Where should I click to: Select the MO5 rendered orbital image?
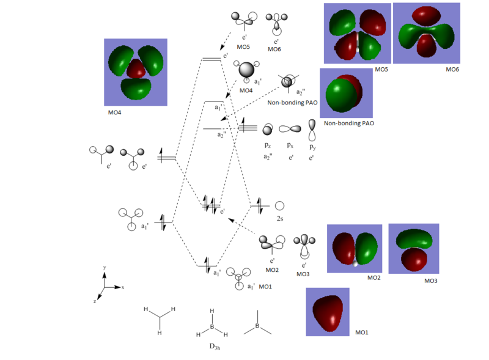point(357,34)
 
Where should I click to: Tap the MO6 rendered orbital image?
point(425,33)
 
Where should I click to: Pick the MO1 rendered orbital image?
point(328,312)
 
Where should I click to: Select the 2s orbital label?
point(280,219)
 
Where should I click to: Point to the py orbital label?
point(312,147)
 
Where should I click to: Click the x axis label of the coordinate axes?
point(123,287)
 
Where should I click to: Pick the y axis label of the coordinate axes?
point(105,268)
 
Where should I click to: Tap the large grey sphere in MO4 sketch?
point(247,70)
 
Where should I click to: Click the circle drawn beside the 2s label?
point(279,206)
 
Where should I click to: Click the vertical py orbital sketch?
point(313,129)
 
